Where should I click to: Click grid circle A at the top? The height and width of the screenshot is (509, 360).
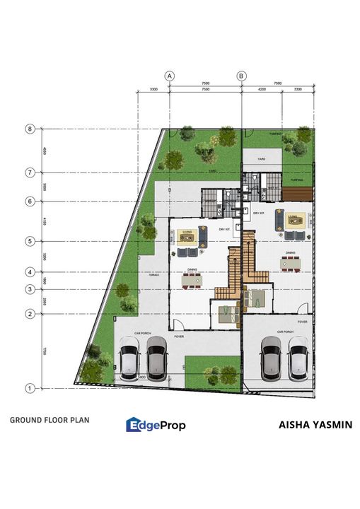click(169, 75)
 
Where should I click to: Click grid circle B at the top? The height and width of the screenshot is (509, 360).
click(242, 75)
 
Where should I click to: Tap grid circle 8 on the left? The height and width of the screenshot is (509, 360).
click(30, 129)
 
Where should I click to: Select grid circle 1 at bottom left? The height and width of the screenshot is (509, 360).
click(30, 387)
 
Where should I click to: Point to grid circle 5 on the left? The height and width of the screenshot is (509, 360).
click(30, 241)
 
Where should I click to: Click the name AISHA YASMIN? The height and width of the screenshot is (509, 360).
click(315, 425)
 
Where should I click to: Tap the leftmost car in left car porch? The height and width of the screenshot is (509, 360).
click(128, 358)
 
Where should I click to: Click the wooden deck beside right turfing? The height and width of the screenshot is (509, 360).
click(296, 187)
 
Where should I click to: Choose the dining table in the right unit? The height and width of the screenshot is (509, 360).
click(291, 263)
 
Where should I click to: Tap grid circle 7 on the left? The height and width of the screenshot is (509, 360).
click(30, 172)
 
